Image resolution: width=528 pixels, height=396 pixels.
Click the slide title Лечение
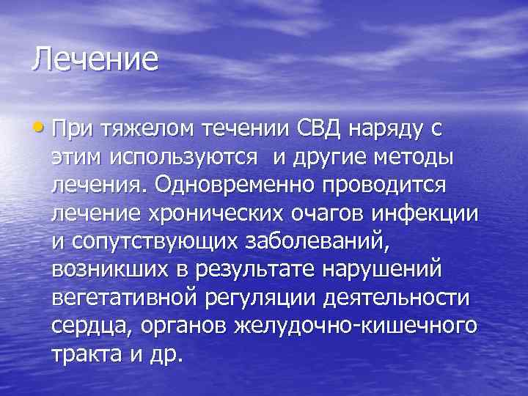(x=95, y=59)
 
